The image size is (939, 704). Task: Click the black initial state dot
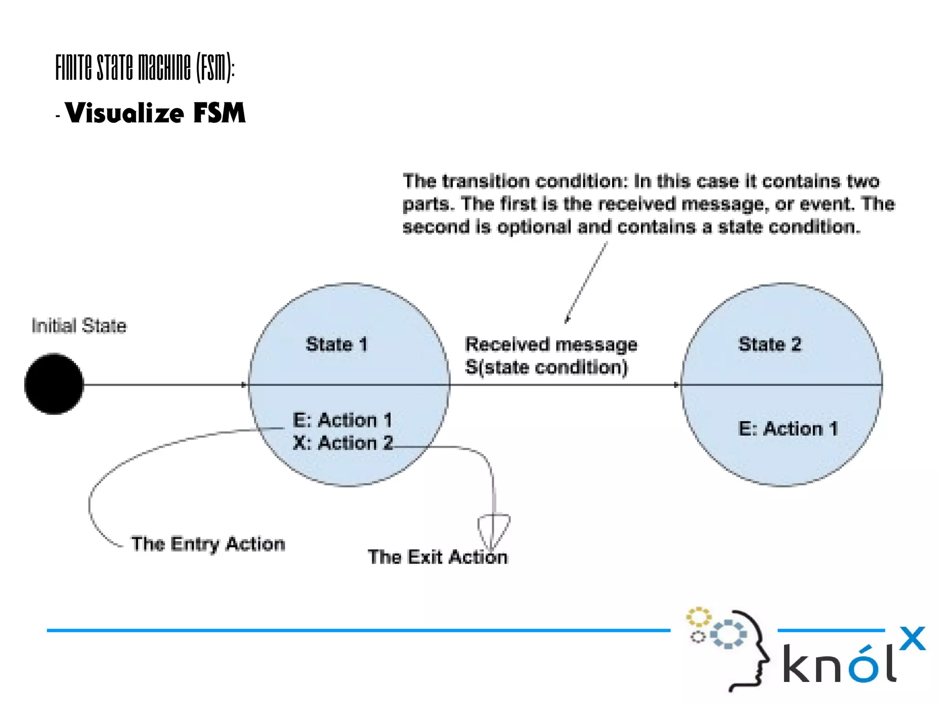click(x=54, y=384)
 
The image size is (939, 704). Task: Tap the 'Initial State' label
click(x=79, y=326)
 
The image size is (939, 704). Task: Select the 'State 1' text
click(x=337, y=344)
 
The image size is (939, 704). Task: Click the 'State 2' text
click(x=770, y=344)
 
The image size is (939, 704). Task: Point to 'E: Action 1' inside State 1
click(x=342, y=420)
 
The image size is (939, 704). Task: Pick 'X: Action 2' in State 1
click(x=343, y=443)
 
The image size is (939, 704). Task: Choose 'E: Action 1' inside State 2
click(x=788, y=429)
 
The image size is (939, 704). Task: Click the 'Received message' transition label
click(x=551, y=344)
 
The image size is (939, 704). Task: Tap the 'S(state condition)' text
click(x=546, y=367)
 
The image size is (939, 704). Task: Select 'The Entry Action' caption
click(x=208, y=544)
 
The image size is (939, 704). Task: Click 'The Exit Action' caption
click(x=437, y=557)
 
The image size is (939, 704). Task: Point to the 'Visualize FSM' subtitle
click(x=155, y=113)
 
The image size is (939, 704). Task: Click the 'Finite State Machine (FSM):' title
click(x=145, y=67)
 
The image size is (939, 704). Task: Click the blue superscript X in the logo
click(x=912, y=638)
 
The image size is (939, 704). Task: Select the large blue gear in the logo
click(x=729, y=634)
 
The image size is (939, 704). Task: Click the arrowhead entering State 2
click(x=677, y=384)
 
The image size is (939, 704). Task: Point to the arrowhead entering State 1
click(x=244, y=384)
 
